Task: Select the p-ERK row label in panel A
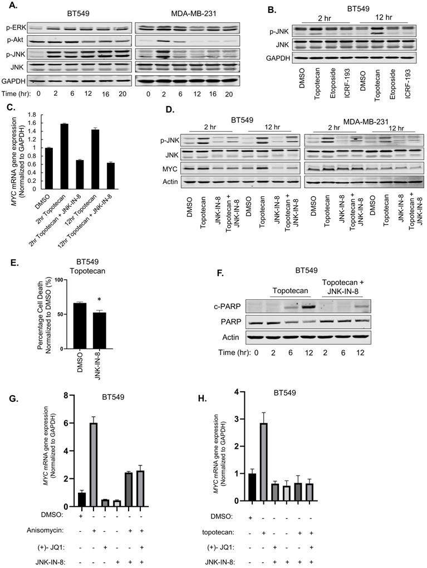(13, 27)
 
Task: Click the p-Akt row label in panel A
(13, 41)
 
